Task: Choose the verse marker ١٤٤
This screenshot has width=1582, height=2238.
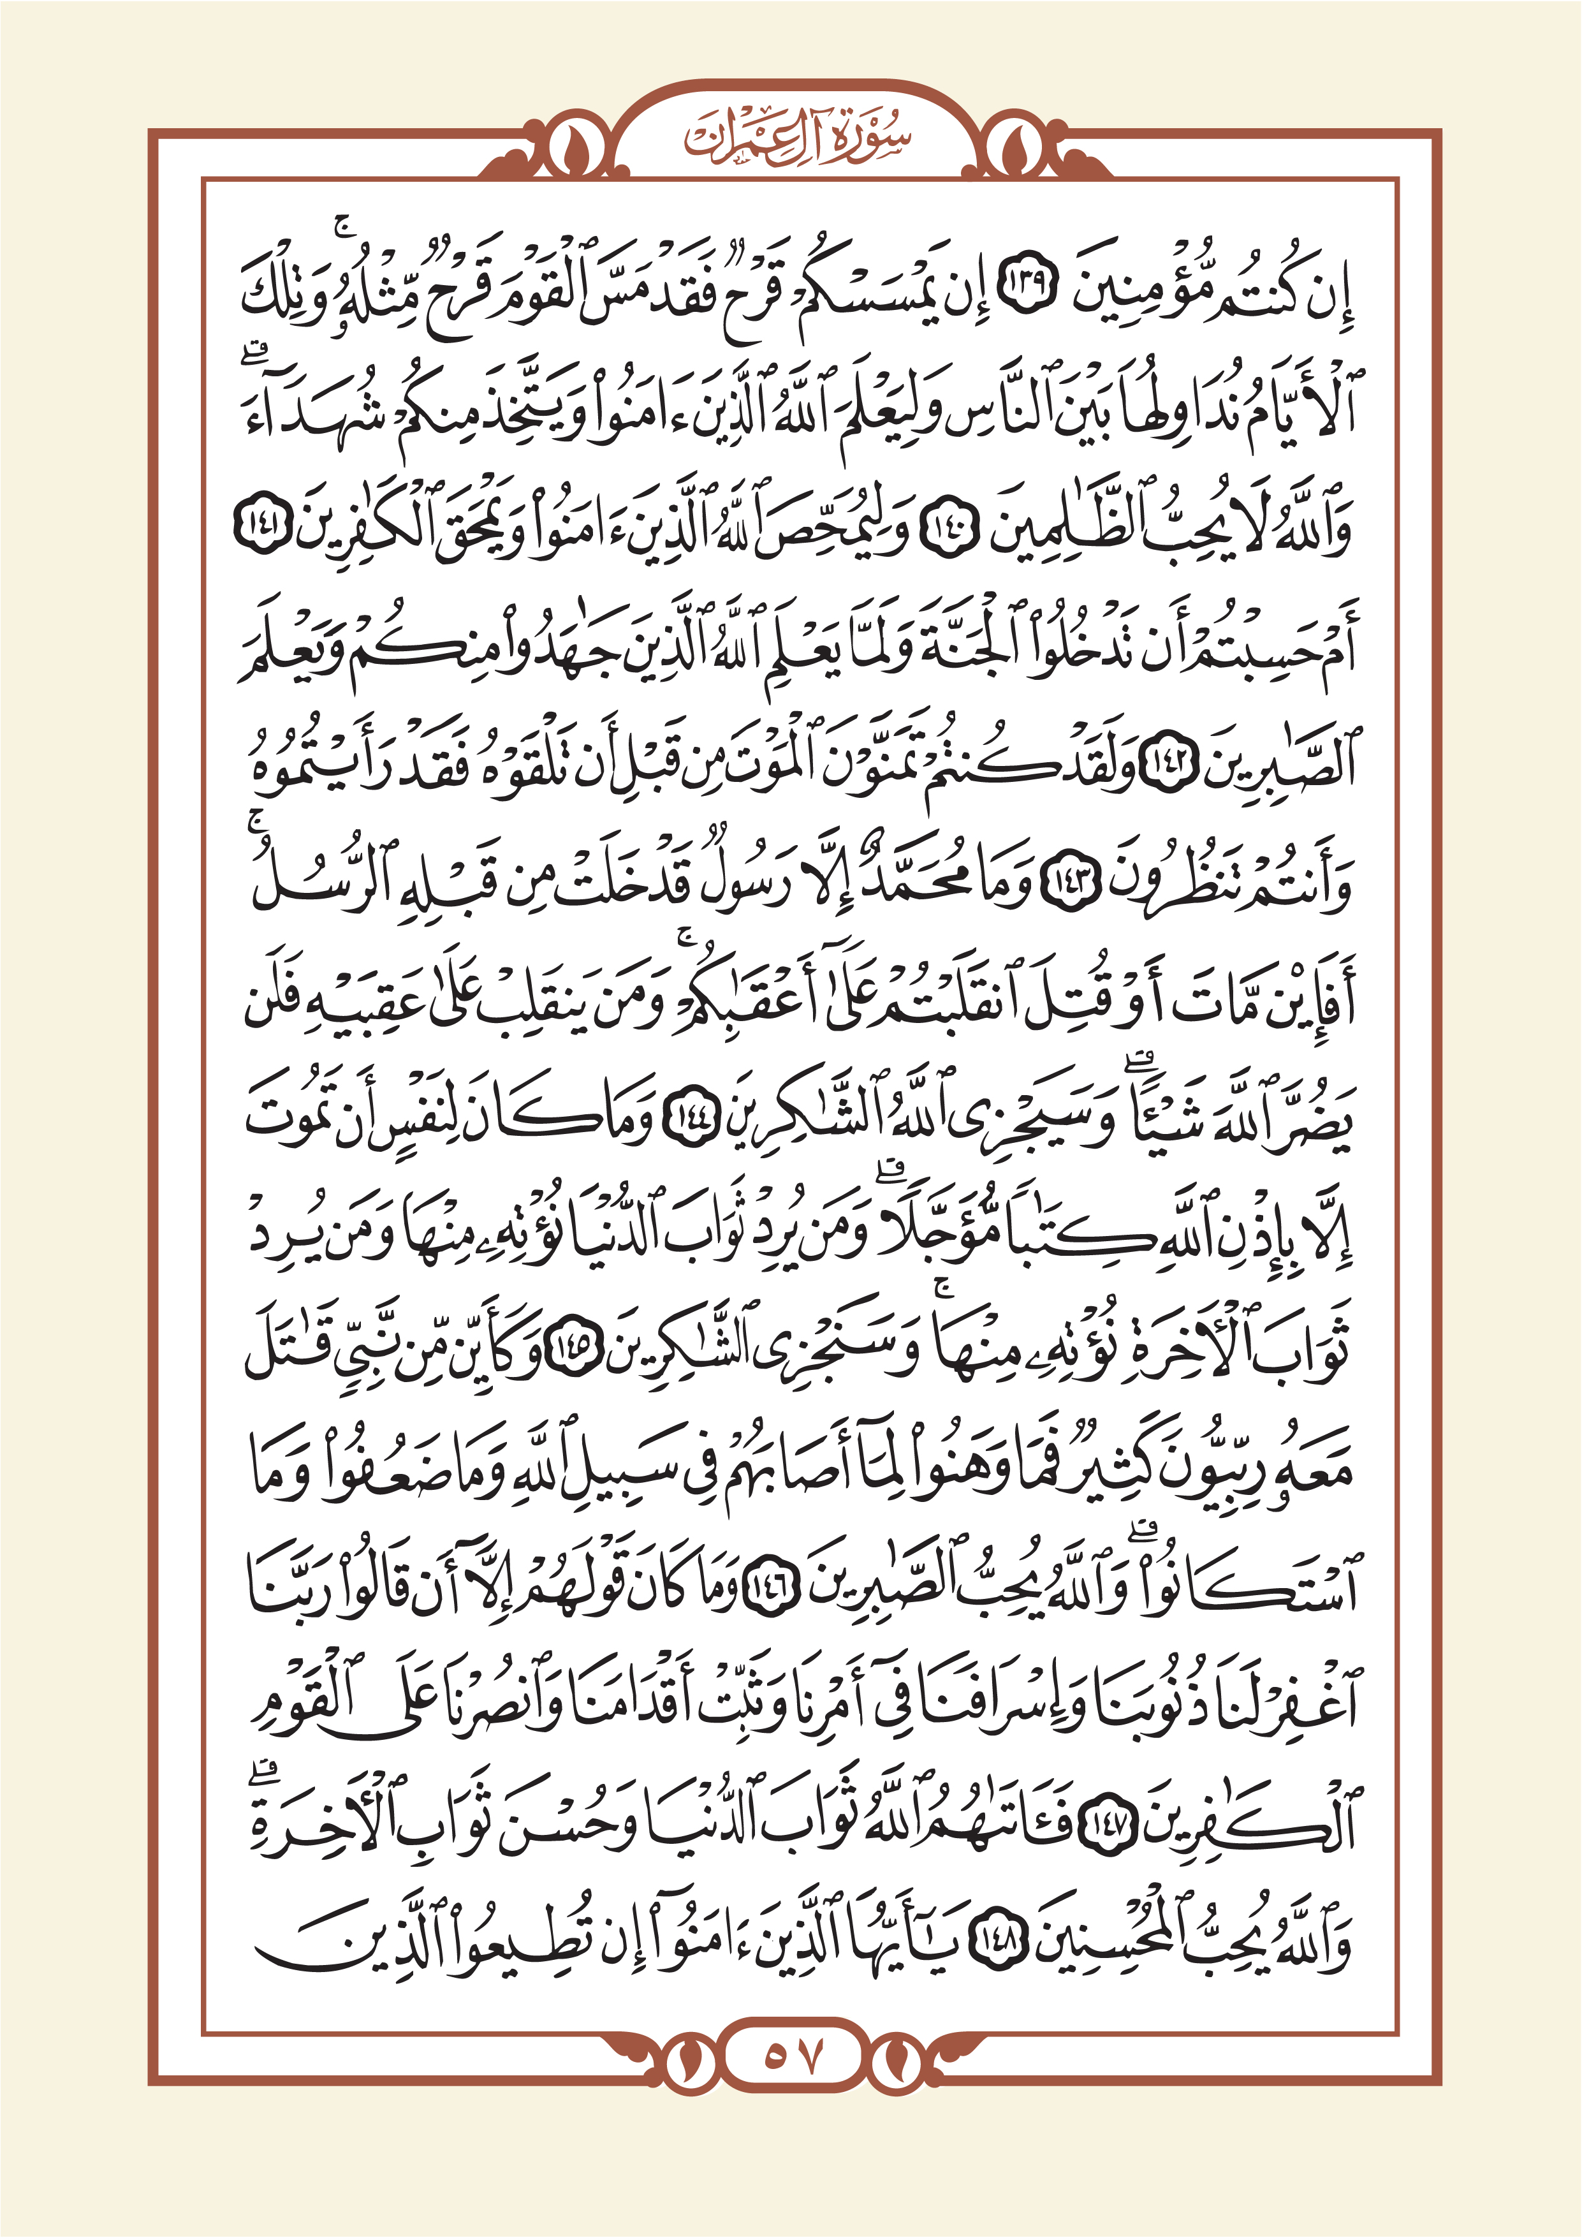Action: [691, 1121]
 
